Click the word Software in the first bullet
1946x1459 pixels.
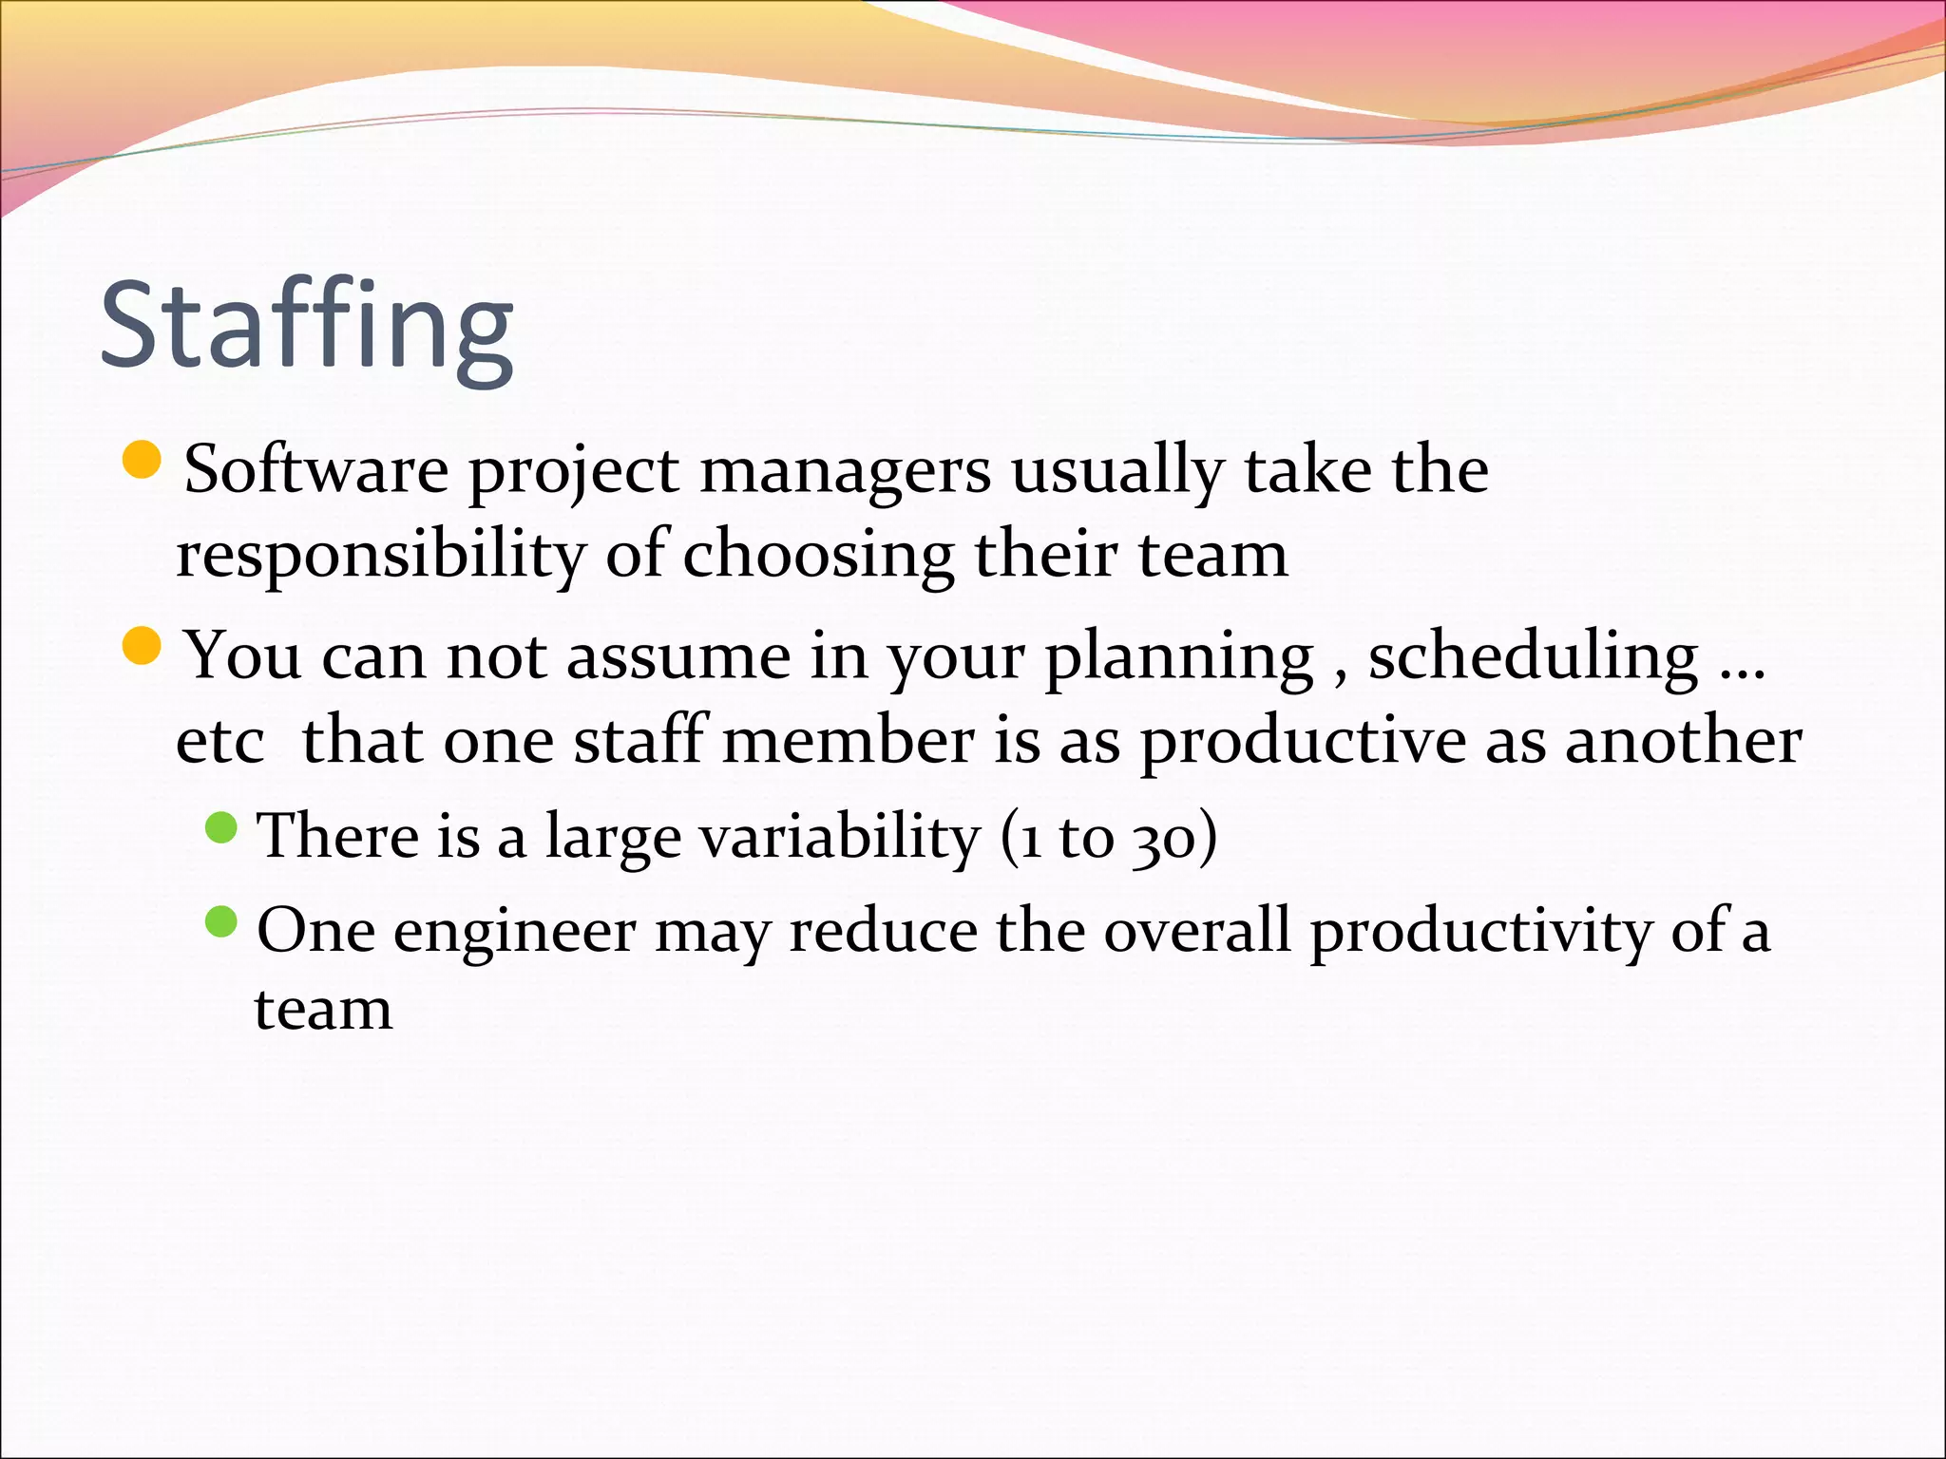[315, 470]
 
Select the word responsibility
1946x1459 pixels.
[380, 556]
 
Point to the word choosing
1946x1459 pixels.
[817, 556]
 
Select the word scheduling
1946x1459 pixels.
[1532, 656]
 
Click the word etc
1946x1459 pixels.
[219, 742]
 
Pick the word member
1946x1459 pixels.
[848, 740]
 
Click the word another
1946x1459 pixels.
[1683, 740]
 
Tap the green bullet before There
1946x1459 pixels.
[220, 826]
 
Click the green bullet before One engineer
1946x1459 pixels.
[220, 920]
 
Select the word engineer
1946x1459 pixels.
[514, 932]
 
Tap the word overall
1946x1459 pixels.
[1196, 930]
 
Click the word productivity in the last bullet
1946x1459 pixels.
[1480, 932]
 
